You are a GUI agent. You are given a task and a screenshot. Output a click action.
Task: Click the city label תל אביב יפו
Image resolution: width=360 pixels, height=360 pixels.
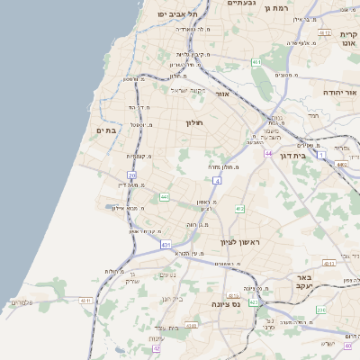177,13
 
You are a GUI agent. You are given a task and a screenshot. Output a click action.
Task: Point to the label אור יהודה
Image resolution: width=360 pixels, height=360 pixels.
340,92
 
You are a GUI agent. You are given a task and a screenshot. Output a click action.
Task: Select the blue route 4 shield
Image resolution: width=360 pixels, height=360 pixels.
217,181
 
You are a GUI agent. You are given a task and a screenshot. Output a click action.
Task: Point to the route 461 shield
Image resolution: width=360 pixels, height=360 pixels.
256,62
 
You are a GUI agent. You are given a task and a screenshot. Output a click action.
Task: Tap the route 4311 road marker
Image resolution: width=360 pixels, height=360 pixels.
86,301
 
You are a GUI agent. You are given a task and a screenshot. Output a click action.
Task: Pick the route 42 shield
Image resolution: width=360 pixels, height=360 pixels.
156,347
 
